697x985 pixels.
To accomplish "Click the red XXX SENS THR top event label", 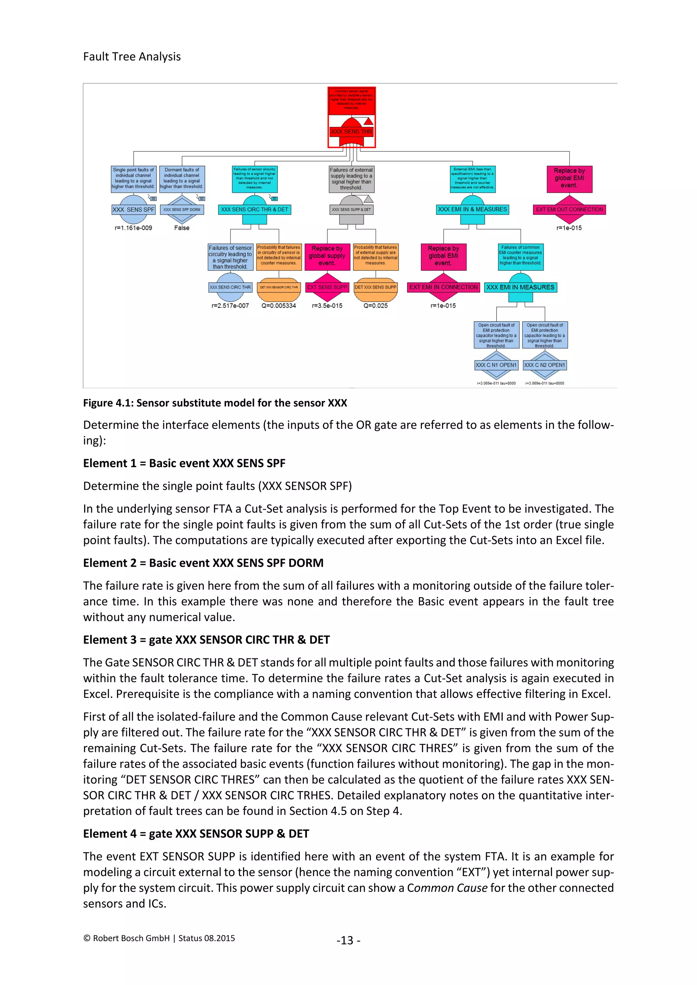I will click(351, 132).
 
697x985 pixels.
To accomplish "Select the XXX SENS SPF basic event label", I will click(133, 210).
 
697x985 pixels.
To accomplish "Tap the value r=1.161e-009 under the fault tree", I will click(133, 228).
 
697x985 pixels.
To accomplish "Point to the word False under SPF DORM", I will click(181, 228).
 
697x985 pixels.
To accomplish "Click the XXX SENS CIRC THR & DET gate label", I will click(255, 210).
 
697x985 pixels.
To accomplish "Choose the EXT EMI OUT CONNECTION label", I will click(569, 210).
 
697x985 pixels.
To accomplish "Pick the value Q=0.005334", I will click(278, 306).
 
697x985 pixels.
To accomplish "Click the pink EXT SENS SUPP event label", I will click(327, 287).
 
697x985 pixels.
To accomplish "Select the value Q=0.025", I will click(375, 306).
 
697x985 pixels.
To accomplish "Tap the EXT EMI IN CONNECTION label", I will click(443, 287).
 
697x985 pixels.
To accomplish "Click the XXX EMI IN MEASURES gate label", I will click(520, 287).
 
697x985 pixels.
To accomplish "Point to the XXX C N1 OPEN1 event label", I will click(496, 365).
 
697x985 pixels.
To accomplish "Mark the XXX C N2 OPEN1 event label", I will click(545, 365).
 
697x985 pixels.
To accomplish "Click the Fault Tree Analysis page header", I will click(132, 56).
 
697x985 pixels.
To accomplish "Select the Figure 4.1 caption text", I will click(215, 403).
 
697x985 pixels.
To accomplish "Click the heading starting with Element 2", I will click(203, 563).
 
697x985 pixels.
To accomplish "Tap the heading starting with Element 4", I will click(196, 834).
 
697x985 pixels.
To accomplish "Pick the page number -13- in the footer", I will click(348, 940).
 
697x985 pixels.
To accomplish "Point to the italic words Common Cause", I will click(447, 888).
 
